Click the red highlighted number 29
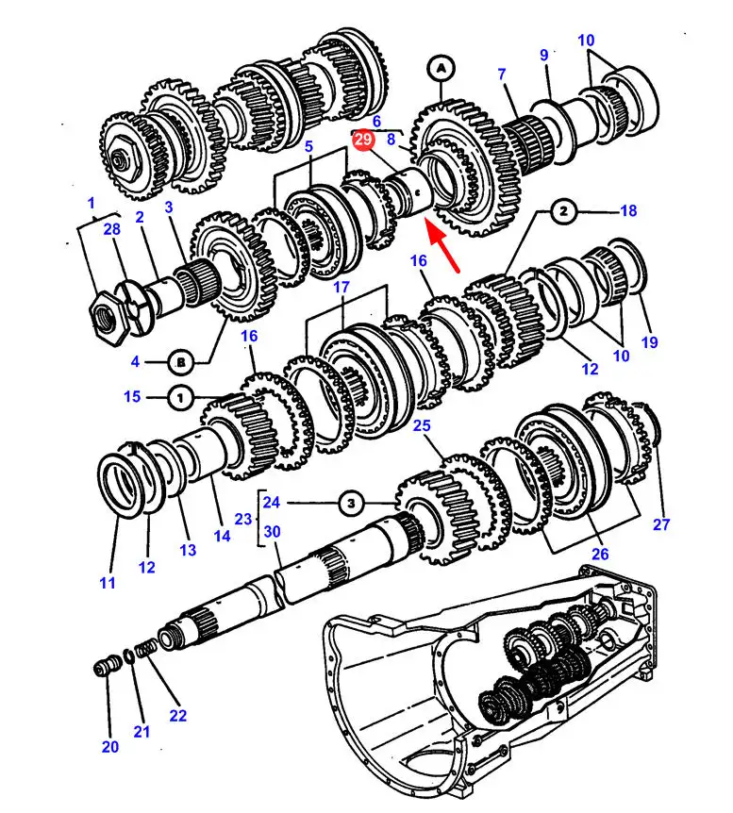[x=364, y=141]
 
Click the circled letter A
[x=441, y=67]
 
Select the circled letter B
[x=182, y=360]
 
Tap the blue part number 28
[x=111, y=231]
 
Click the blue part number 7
[x=502, y=75]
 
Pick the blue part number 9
[x=544, y=56]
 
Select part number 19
[x=649, y=342]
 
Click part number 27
[x=660, y=524]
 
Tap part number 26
[x=600, y=554]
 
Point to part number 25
[x=422, y=426]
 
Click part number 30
[x=273, y=532]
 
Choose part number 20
[x=110, y=747]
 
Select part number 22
[x=178, y=715]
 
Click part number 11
[x=108, y=583]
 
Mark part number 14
[x=222, y=537]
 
